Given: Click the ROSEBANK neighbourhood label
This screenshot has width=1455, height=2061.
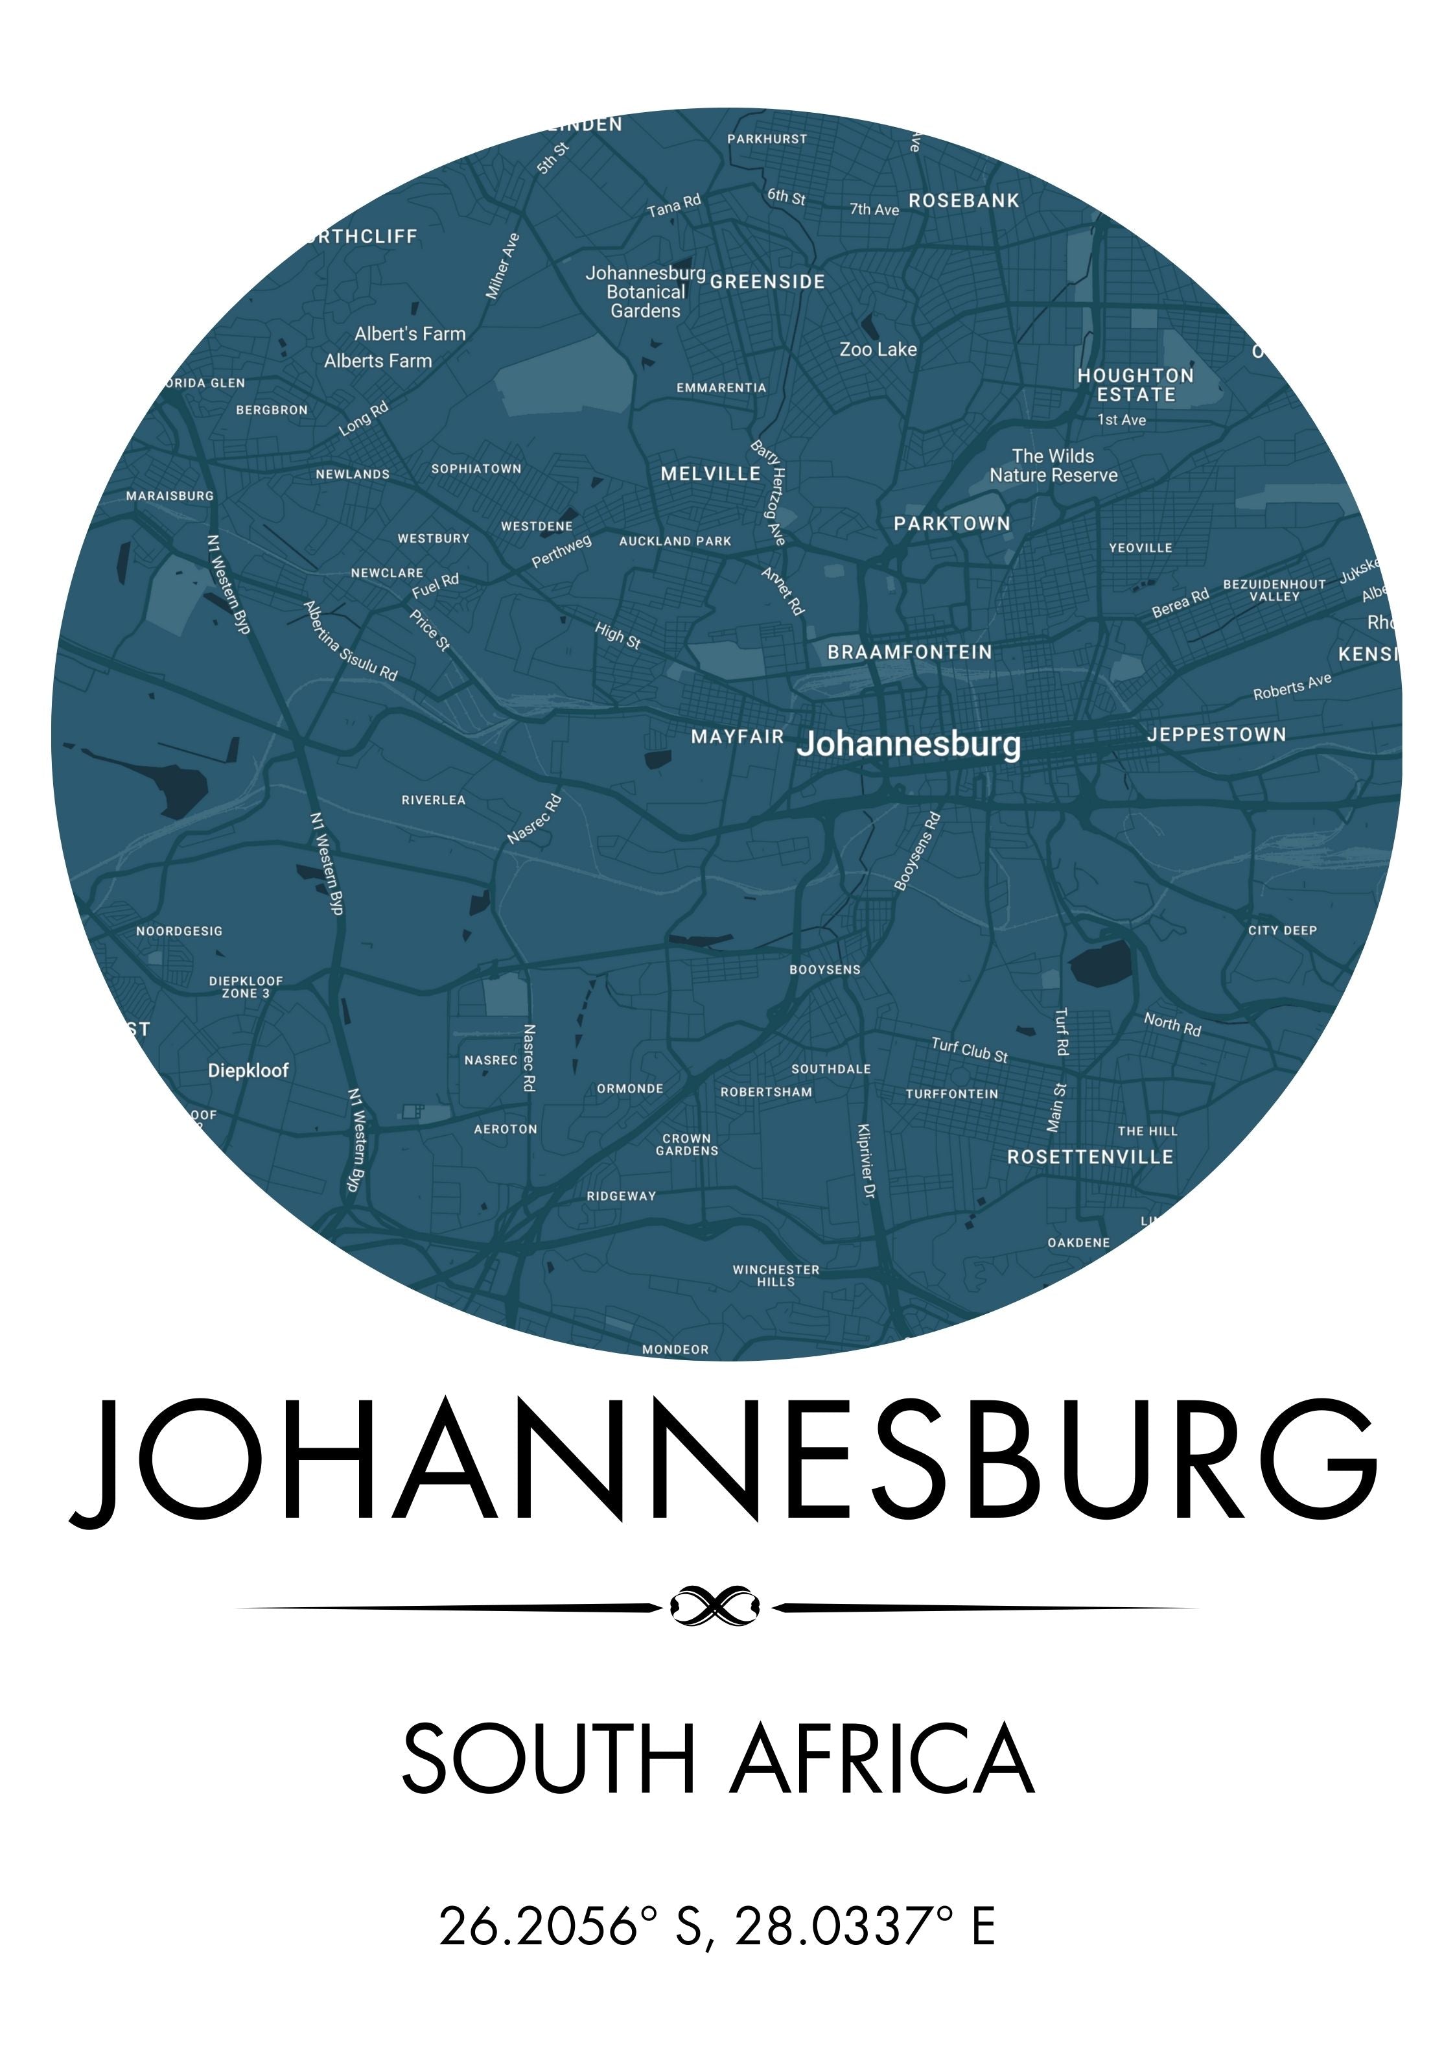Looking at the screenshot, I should tap(963, 200).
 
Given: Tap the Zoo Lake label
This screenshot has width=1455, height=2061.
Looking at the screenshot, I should tap(878, 349).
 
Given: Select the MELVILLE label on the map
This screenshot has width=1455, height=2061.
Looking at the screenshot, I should tap(710, 473).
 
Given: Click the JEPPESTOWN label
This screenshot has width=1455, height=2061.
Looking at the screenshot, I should tap(1216, 735).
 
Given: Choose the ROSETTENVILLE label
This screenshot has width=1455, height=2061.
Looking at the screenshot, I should tap(1089, 1156).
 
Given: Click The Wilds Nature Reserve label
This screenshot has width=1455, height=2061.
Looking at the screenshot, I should tap(1053, 466).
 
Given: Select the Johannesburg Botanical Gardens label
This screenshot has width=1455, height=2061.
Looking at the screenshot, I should tap(646, 292).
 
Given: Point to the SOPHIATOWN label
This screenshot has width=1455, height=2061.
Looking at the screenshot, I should tap(476, 469).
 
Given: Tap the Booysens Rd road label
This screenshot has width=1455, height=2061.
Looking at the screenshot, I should tap(917, 851).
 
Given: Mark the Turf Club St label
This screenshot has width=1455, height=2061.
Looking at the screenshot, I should tap(970, 1050).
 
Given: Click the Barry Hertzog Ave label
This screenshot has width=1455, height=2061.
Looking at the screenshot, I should tap(769, 492).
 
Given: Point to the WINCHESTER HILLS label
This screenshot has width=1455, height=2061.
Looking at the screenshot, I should tap(776, 1275).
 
